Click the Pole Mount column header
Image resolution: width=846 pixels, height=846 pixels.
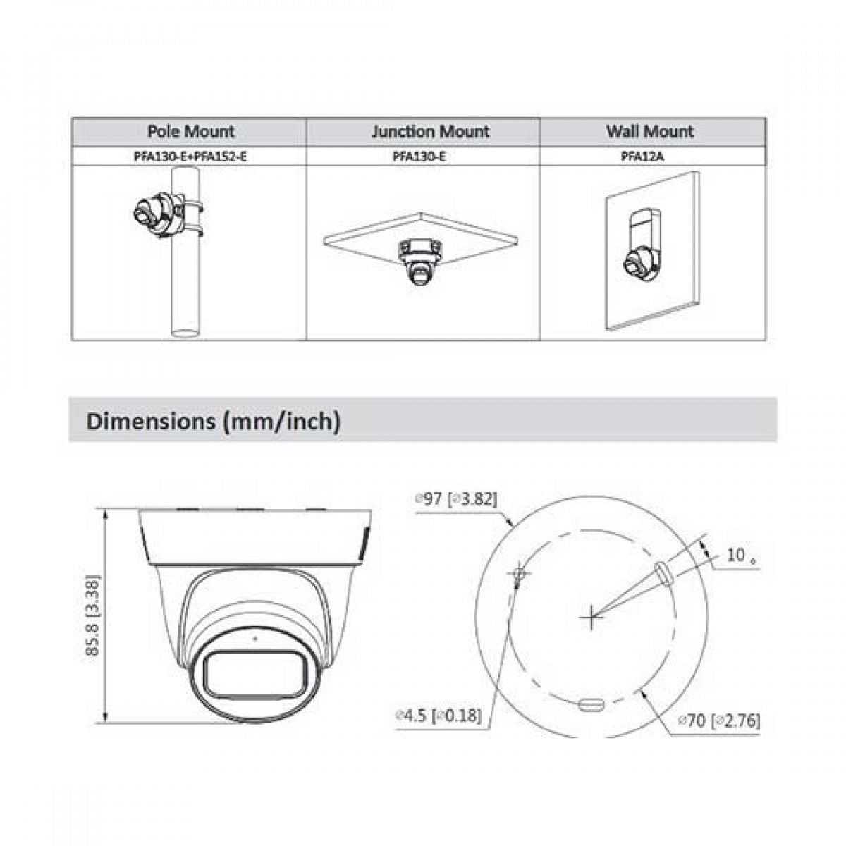pos(190,131)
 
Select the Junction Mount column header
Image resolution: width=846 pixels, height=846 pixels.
pos(430,131)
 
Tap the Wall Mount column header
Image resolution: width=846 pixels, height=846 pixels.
pos(650,131)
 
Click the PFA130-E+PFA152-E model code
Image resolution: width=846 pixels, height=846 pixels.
pos(190,157)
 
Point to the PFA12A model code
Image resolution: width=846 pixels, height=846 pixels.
pos(642,157)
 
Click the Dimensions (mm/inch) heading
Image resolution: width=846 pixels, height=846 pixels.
pos(214,421)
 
